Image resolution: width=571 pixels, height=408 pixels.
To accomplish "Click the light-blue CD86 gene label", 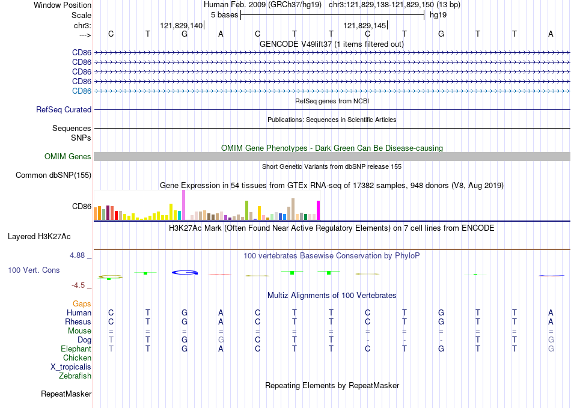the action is pos(82,91).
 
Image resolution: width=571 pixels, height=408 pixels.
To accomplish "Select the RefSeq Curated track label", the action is pos(64,109).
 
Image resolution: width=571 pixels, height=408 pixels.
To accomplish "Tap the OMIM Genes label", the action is pos(68,156).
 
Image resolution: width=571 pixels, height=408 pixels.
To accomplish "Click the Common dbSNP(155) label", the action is pos(53,175).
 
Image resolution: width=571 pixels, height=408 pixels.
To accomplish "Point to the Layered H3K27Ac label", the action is pos(39,237).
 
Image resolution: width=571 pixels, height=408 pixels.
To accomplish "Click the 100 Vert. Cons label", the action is pos(34,270).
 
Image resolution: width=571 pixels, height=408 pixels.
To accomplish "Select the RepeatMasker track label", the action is pos(66,394).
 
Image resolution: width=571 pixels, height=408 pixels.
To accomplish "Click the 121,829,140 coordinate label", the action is pos(182,25).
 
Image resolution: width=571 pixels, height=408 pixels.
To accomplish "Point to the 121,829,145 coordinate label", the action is pos(364,25).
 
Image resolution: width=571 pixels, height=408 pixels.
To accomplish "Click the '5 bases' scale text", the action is pos(224,15).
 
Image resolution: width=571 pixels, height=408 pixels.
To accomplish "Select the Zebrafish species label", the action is pos(75,376).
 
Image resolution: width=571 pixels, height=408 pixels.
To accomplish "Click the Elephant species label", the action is pos(76,349).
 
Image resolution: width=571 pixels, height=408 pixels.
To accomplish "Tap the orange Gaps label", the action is pos(82,303).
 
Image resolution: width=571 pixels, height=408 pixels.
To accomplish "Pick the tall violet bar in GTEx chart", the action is pos(183,205).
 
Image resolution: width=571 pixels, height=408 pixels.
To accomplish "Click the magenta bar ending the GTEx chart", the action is pos(319,210).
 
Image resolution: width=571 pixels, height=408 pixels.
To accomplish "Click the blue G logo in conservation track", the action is pos(185,272).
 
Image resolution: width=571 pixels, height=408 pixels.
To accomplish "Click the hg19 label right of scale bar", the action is pos(438,15).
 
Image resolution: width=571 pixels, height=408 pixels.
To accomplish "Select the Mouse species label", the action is pos(79,331).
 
